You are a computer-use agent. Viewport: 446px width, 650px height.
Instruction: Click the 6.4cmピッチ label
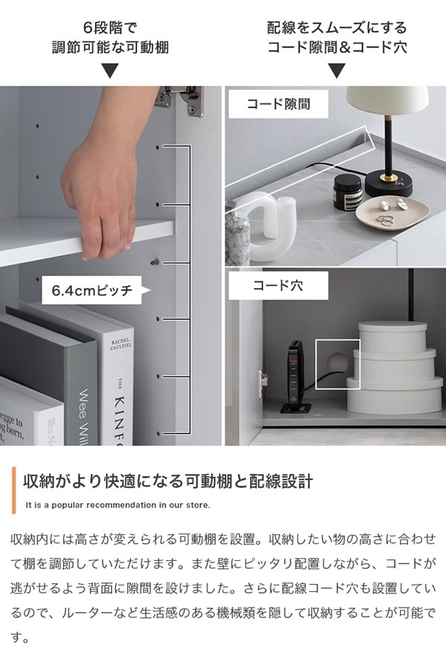92,290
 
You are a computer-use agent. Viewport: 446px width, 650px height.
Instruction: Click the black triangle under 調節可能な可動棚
110,71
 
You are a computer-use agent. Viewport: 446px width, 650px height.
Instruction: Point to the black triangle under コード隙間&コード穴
337,71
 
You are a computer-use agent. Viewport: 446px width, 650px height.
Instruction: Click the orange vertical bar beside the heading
14,491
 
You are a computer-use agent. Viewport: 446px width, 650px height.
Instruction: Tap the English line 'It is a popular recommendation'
117,505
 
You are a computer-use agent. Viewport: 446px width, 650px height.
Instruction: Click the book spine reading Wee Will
85,409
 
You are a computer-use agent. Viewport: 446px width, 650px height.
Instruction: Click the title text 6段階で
110,28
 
